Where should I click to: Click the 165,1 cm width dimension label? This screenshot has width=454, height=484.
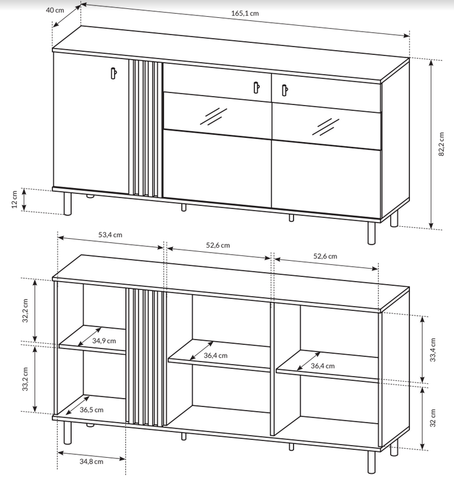pyautogui.click(x=245, y=13)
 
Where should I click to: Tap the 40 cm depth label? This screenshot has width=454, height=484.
pyautogui.click(x=55, y=10)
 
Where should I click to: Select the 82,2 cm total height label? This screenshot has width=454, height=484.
pyautogui.click(x=441, y=144)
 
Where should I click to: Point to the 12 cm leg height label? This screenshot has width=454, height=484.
pyautogui.click(x=14, y=199)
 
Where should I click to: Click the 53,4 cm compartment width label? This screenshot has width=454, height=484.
pyautogui.click(x=110, y=235)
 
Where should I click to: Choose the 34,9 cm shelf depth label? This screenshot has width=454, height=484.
pyautogui.click(x=104, y=341)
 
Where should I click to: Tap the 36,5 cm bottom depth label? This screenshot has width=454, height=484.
pyautogui.click(x=91, y=410)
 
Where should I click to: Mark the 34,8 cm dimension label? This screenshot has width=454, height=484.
pyautogui.click(x=91, y=461)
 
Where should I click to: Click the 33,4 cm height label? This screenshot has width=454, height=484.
pyautogui.click(x=433, y=350)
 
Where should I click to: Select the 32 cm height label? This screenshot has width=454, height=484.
pyautogui.click(x=433, y=418)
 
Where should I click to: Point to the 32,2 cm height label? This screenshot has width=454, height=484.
pyautogui.click(x=25, y=310)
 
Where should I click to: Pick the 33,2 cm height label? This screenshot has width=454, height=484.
pyautogui.click(x=25, y=379)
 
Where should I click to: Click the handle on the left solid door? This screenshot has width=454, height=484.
pyautogui.click(x=113, y=73)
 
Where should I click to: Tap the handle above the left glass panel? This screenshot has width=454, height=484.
pyautogui.click(x=257, y=87)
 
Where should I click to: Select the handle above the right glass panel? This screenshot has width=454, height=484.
pyautogui.click(x=285, y=90)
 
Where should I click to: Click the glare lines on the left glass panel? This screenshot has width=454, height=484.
pyautogui.click(x=213, y=116)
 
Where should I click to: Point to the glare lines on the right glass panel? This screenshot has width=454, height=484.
pyautogui.click(x=326, y=127)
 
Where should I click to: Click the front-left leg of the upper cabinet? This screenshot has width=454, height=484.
pyautogui.click(x=67, y=204)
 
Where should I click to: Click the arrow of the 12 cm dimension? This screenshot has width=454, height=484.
pyautogui.click(x=24, y=200)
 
